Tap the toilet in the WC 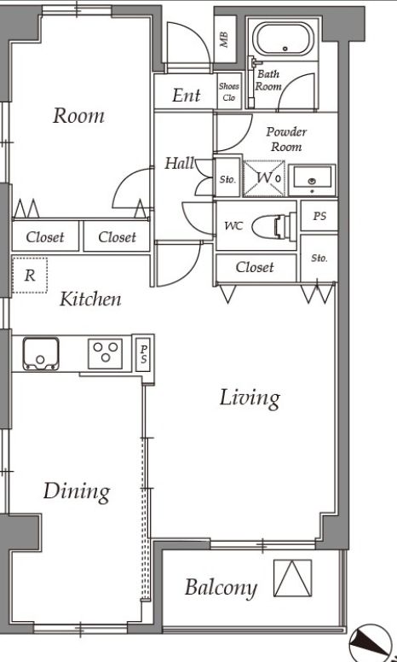tap(274, 226)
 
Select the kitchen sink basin tap(40, 354)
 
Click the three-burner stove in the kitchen tap(106, 353)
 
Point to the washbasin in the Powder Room tap(312, 180)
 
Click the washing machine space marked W tap(265, 178)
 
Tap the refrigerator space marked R tap(30, 276)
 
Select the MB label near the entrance tap(224, 39)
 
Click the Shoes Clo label tap(229, 91)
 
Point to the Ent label tap(187, 95)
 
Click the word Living tap(250, 398)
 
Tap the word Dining tap(77, 492)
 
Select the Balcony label tap(221, 588)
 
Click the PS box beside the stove tap(143, 353)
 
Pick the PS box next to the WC tap(319, 216)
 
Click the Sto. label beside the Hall tap(227, 179)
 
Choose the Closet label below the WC tap(255, 267)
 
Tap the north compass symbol tap(371, 645)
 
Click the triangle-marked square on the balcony tap(293, 578)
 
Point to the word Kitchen tap(90, 299)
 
